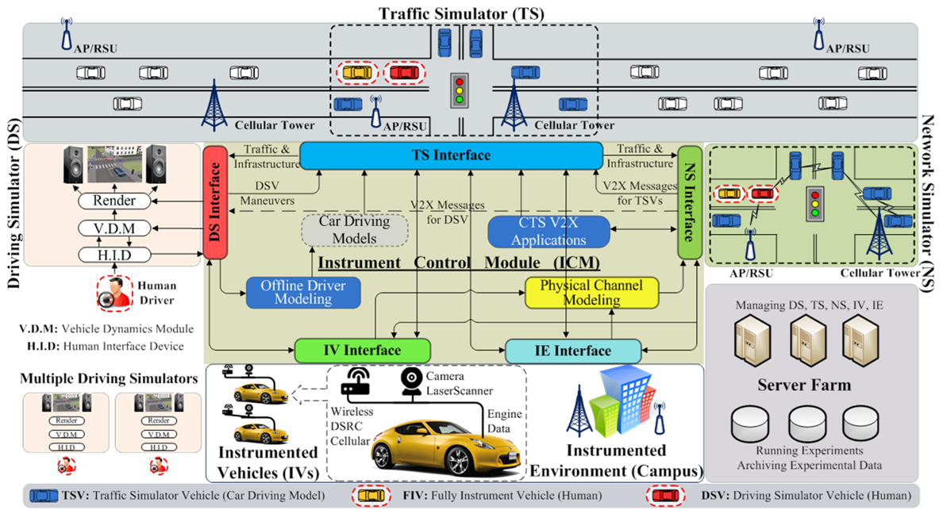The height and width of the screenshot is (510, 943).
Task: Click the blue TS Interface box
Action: tap(450, 155)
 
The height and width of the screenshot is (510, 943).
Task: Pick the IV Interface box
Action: tap(362, 351)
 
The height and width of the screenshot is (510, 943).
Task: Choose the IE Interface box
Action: tap(572, 351)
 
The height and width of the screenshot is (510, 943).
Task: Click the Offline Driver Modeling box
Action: tap(302, 293)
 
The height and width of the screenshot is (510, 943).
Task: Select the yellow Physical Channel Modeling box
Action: tap(591, 293)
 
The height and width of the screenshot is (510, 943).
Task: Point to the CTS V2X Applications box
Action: tap(548, 231)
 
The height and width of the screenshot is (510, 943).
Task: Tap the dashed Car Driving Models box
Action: tap(354, 229)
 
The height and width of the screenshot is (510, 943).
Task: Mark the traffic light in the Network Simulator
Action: tap(814, 202)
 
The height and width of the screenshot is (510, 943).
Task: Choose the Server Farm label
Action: tap(804, 385)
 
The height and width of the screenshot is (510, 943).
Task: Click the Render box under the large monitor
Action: tap(114, 201)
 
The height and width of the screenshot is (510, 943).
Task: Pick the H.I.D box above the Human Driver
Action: tap(114, 254)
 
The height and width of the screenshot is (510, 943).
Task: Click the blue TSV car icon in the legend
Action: tap(43, 496)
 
